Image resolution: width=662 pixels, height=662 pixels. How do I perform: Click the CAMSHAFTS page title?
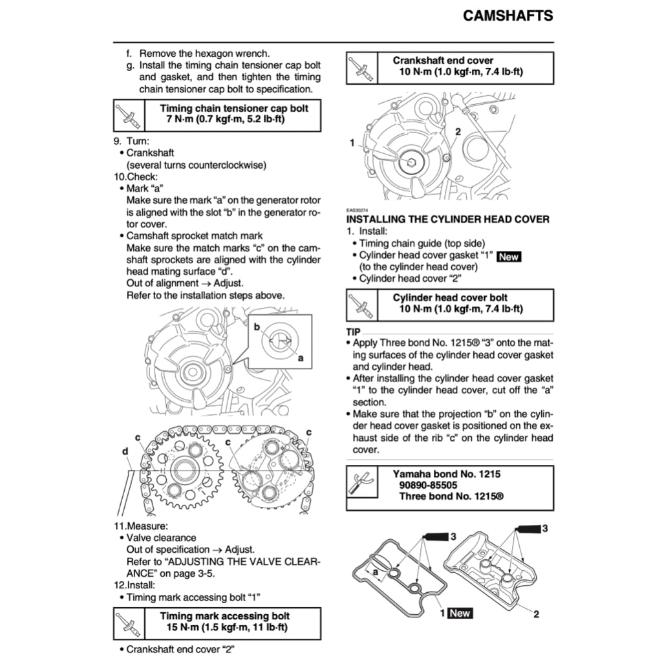click(x=507, y=16)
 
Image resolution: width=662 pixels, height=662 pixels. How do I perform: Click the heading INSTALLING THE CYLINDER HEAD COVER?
click(x=448, y=219)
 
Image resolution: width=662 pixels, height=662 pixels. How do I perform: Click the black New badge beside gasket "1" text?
click(x=509, y=257)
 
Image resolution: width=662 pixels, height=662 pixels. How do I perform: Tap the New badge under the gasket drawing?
click(x=460, y=614)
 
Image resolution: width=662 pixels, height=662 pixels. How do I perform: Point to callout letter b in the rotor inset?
click(x=256, y=328)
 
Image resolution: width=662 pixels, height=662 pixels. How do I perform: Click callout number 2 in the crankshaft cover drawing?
click(x=457, y=132)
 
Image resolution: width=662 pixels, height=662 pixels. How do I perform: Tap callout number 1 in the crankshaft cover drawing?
click(x=352, y=142)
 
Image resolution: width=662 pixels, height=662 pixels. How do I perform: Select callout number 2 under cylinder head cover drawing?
click(x=536, y=614)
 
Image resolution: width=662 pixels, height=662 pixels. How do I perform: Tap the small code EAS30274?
click(x=357, y=210)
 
